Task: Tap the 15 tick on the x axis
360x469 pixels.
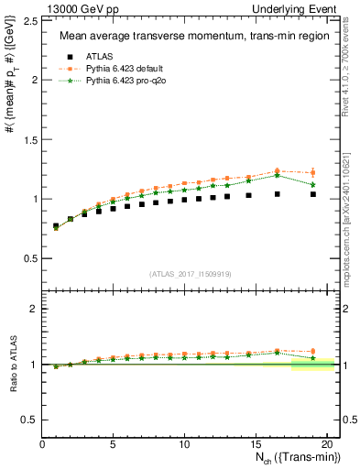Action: (256, 443)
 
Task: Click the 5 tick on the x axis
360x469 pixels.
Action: (114, 443)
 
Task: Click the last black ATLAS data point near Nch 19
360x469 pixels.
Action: (313, 194)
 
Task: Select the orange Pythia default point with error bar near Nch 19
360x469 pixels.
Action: (313, 172)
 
